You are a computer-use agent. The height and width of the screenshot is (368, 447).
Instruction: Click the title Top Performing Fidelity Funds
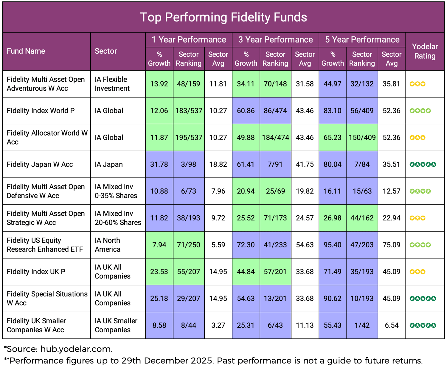(223, 17)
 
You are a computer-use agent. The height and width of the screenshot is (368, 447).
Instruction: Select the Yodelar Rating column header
(425, 51)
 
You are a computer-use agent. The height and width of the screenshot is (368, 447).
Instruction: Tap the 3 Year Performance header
(275, 40)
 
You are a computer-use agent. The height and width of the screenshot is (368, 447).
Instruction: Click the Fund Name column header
(26, 51)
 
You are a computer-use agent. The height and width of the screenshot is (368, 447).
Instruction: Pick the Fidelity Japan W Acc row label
(40, 164)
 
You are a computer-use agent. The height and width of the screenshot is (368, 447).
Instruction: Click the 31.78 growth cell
(159, 164)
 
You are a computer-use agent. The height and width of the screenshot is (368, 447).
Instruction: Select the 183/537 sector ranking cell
(189, 111)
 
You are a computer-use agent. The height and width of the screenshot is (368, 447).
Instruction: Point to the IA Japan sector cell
(109, 164)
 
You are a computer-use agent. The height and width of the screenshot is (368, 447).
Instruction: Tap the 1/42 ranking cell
(362, 325)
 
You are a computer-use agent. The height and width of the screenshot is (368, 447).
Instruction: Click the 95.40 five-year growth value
(333, 245)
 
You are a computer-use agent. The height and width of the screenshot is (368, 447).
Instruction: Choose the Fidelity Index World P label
(41, 111)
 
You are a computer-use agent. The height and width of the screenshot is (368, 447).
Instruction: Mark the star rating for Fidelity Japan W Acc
(423, 164)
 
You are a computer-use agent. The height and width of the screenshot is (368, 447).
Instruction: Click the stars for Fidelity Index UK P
(417, 272)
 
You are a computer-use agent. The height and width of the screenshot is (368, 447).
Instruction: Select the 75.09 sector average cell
(391, 245)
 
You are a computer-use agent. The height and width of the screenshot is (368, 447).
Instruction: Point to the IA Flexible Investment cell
(112, 84)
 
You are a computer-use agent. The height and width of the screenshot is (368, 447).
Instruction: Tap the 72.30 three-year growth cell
(246, 245)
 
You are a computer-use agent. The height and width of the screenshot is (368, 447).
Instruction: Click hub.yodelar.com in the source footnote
(76, 349)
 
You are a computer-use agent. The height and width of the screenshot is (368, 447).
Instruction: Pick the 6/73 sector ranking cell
(189, 191)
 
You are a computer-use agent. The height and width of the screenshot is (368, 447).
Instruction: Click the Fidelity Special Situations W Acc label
(47, 299)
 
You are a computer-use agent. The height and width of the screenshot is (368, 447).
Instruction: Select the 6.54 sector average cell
(391, 325)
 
